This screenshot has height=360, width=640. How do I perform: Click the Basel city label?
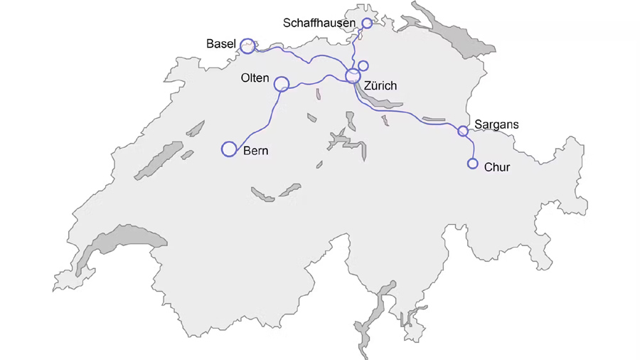(x=220, y=44)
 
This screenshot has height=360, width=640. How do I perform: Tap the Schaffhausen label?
(x=319, y=23)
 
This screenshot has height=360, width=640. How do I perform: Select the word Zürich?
(x=380, y=86)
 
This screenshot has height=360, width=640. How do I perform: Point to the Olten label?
(x=255, y=78)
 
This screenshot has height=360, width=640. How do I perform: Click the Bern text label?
(x=256, y=151)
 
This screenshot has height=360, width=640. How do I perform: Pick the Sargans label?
(x=496, y=125)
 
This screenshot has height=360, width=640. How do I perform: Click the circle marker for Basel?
(x=247, y=46)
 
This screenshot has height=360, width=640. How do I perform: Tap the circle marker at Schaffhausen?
(x=367, y=23)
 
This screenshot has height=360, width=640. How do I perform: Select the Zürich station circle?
(x=353, y=75)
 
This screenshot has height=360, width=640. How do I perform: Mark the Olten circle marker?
(x=282, y=84)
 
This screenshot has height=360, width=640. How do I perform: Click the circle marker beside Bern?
(x=229, y=149)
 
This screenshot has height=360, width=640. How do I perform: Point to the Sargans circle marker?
(x=463, y=131)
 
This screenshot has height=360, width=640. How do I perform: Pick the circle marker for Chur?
(x=473, y=164)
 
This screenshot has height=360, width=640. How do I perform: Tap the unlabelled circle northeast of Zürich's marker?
(x=363, y=66)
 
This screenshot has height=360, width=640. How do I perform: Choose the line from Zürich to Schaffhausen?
(x=355, y=50)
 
